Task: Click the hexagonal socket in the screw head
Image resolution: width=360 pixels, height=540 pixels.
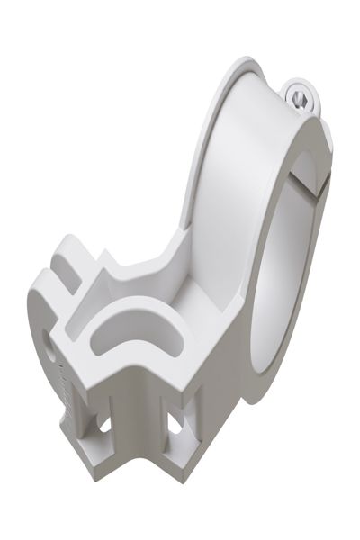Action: pyautogui.click(x=302, y=94)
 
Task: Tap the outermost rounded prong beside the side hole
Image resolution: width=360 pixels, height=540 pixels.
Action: pyautogui.click(x=36, y=301)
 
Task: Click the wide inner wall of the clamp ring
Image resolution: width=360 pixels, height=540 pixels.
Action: pyautogui.click(x=225, y=162)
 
